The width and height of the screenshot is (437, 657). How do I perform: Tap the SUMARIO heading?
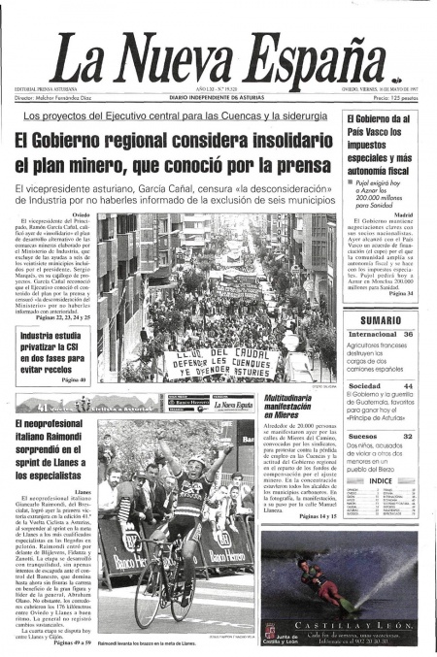pos(381,319)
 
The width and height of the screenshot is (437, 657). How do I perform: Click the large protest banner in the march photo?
pos(218,362)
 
